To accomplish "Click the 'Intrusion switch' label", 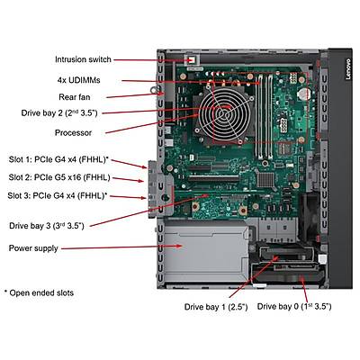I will click(82, 59).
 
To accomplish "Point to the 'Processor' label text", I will click(74, 131).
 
